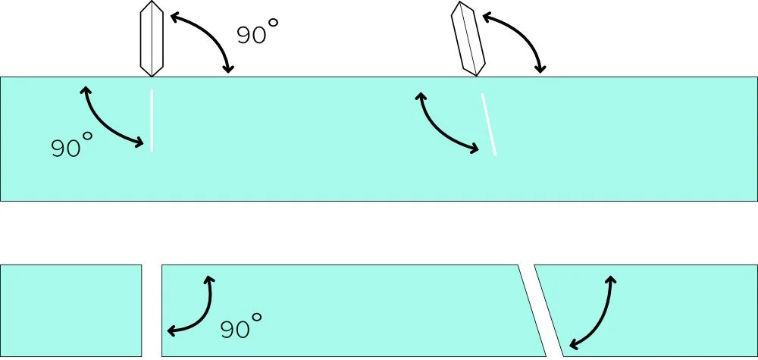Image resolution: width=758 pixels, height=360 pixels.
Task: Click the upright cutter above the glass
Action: [x=152, y=38]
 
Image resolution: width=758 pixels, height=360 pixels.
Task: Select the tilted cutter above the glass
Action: [x=468, y=39]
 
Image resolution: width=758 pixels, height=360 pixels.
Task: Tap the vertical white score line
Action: [x=152, y=120]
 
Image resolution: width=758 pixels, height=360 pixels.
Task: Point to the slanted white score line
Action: [x=489, y=124]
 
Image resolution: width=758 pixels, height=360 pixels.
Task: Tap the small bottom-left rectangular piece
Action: [x=70, y=310]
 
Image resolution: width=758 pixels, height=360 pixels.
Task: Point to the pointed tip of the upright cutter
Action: [x=152, y=75]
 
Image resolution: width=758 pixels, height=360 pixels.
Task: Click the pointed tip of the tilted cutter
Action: [x=478, y=74]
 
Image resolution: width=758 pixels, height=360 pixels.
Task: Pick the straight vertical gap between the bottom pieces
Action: [x=152, y=310]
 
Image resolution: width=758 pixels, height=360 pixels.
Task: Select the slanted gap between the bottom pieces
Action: [x=540, y=310]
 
